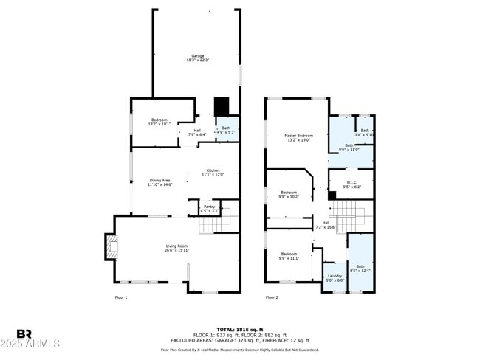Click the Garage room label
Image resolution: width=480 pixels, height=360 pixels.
coord(197,58)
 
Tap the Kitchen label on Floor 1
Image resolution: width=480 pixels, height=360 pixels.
coord(213,172)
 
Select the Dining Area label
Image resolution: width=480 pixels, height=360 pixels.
coord(160,182)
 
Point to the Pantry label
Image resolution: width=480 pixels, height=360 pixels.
coord(209,209)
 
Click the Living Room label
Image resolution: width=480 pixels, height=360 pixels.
coord(176,248)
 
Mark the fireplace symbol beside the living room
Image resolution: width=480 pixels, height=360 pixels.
coord(110,246)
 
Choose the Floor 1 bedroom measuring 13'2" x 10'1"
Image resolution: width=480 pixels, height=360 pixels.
coord(160,122)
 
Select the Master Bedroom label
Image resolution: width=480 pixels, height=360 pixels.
coord(299,138)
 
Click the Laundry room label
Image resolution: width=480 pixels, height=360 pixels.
coord(335,278)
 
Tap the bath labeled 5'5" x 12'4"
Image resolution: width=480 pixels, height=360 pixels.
coord(360,268)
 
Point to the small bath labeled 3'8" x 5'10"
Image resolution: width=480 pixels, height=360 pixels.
coord(365,133)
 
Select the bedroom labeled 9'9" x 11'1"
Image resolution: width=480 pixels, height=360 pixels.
coord(288,256)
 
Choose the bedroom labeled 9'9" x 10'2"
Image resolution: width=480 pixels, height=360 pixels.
coord(288,195)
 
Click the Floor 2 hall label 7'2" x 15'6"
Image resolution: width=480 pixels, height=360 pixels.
coord(326,225)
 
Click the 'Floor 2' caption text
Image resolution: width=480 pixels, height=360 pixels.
coord(272,297)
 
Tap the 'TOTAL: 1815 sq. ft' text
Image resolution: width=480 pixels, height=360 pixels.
coord(240,328)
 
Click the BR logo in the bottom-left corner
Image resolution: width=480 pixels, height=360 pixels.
coord(24,334)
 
